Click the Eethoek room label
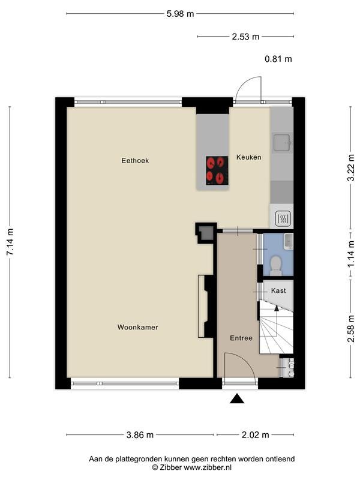coord(135,160)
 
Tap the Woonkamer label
coord(138,327)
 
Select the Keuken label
coord(249,157)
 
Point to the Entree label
coord(241,338)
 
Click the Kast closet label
coord(278,290)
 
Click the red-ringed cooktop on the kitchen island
coord(217,170)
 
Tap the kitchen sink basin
coord(282,143)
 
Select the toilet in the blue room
coord(276,265)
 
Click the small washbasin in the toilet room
coord(289,241)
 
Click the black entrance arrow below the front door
coord(237,398)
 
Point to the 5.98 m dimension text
coord(180,14)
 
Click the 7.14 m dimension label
coord(11,242)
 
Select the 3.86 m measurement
coord(140,434)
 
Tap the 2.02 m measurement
coord(256,434)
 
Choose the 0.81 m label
coord(278,59)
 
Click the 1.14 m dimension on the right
coord(352,253)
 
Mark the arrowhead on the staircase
coord(277,308)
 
